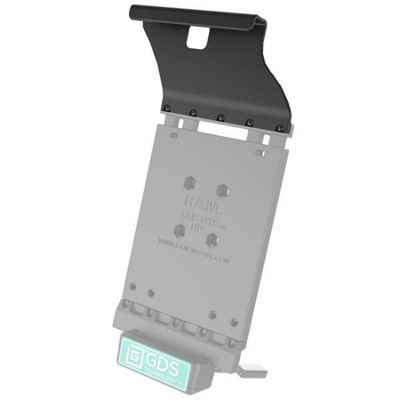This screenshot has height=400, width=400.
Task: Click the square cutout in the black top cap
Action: [x=197, y=36]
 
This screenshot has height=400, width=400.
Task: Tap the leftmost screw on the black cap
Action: [x=165, y=110]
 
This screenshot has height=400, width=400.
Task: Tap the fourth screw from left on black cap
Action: [x=250, y=123]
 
